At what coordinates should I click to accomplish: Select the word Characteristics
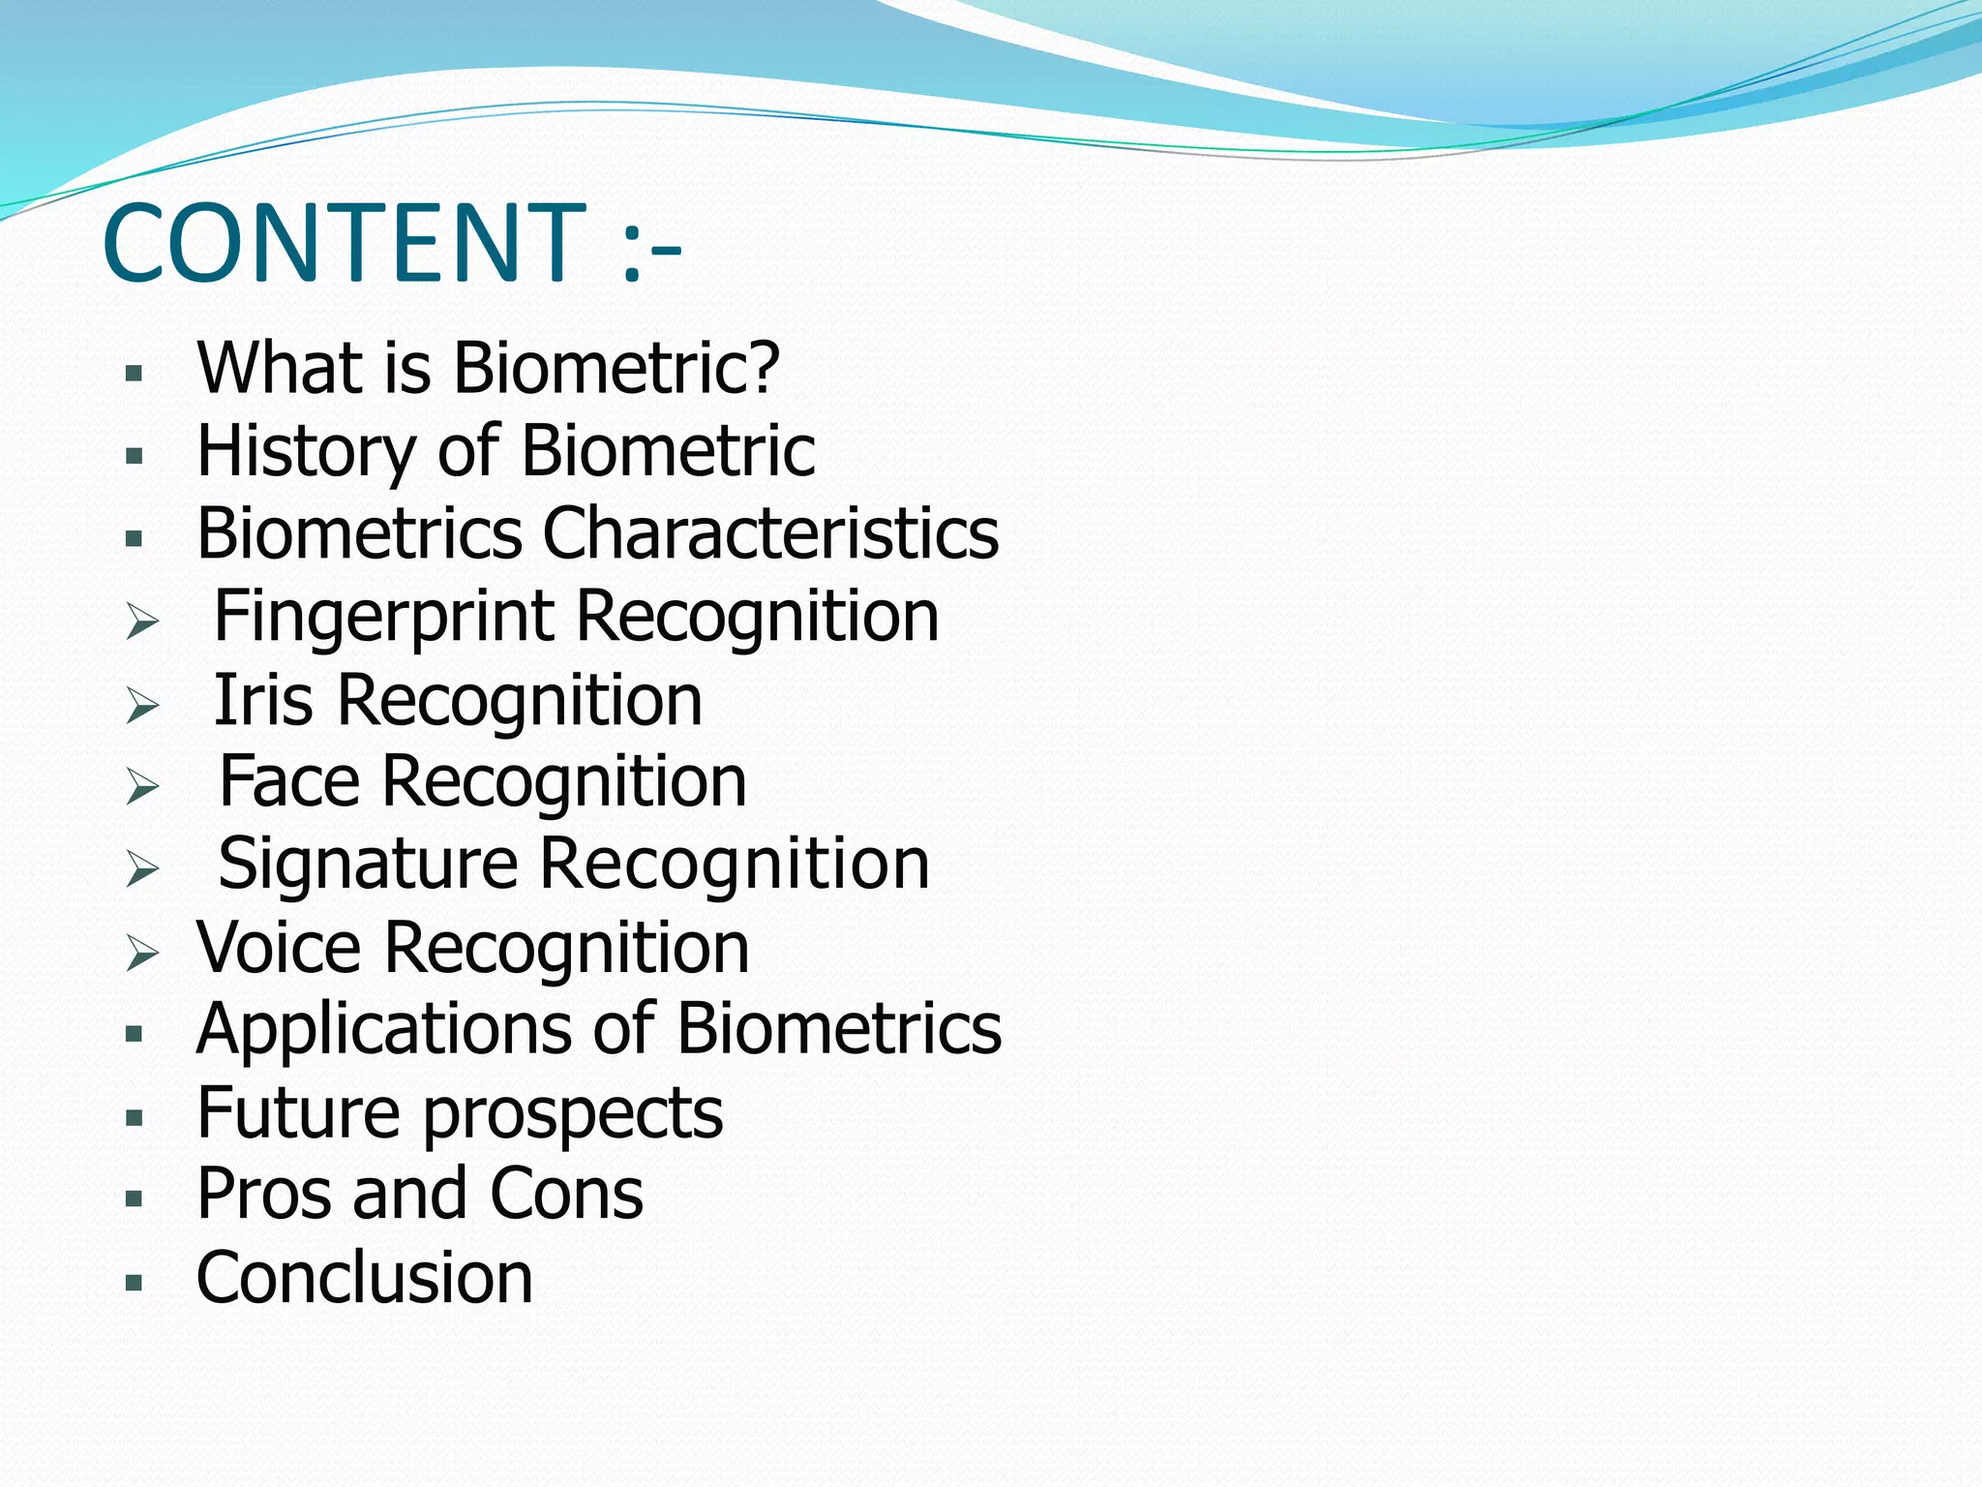(x=770, y=533)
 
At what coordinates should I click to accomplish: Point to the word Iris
(x=262, y=700)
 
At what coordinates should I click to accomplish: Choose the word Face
(x=289, y=781)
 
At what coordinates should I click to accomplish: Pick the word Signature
(x=368, y=865)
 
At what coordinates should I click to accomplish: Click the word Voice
(x=279, y=947)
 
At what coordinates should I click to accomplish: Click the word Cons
(x=566, y=1194)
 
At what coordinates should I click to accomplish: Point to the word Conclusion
(x=364, y=1278)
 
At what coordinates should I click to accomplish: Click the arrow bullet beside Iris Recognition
(x=142, y=706)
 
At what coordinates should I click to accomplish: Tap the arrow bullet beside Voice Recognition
(x=142, y=955)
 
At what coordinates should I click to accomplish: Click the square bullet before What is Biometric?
(x=135, y=374)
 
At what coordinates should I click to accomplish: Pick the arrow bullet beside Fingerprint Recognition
(x=142, y=622)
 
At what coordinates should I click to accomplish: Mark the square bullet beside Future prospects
(x=135, y=1119)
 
